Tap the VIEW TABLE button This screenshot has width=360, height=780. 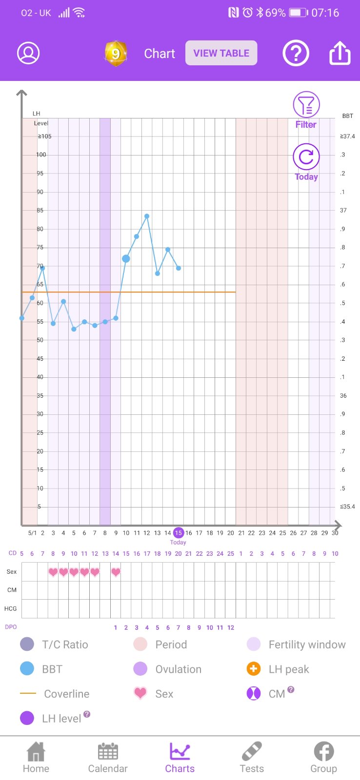click(221, 53)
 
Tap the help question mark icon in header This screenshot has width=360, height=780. click(296, 53)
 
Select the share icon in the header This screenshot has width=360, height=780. click(340, 53)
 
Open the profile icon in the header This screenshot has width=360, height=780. click(28, 53)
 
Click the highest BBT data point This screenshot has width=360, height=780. click(147, 216)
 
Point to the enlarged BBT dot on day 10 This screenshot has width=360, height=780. click(126, 258)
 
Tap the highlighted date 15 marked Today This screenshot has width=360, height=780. click(179, 533)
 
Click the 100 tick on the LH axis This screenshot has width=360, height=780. click(41, 155)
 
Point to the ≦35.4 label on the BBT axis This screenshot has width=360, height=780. click(347, 507)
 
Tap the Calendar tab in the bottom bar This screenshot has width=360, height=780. click(108, 759)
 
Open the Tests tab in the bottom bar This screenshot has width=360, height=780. click(252, 759)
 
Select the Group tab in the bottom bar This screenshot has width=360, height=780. click(323, 759)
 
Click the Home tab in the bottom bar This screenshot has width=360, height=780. click(36, 759)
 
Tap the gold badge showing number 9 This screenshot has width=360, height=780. click(116, 53)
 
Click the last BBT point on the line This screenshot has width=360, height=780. click(179, 268)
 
